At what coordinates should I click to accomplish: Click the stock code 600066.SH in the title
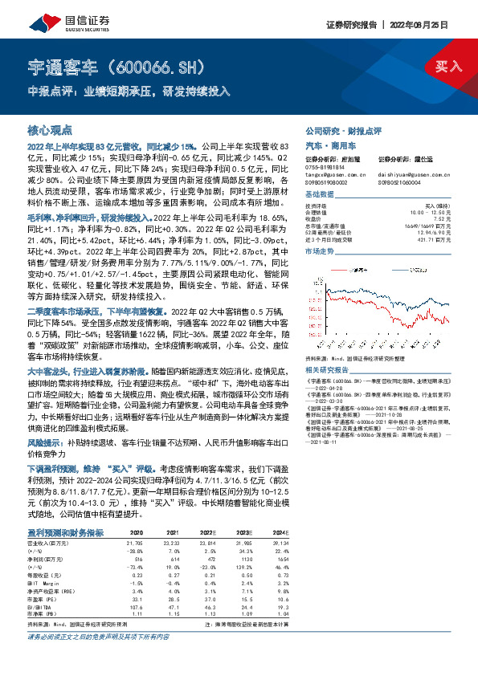(x=161, y=65)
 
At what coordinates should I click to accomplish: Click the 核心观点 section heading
(x=50, y=128)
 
